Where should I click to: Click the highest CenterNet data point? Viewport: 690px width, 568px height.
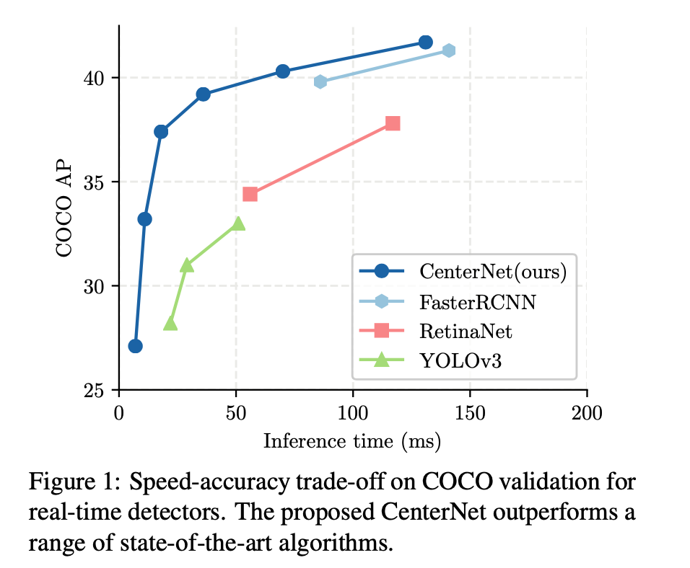pos(425,42)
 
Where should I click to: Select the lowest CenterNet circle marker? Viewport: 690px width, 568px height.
pos(135,346)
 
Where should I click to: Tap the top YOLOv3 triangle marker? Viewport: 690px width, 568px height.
pos(238,223)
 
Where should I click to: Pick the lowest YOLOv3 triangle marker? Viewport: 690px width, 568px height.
pos(170,324)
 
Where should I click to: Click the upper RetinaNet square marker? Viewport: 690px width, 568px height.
pos(393,123)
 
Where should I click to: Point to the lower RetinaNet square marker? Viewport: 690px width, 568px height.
pos(250,194)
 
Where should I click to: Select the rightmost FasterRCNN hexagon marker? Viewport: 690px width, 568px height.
pos(448,50)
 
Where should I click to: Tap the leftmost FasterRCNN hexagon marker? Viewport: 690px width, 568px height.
pos(320,81)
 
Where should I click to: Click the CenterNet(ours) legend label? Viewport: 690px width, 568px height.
pos(492,271)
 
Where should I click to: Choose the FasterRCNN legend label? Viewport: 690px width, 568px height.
pos(477,301)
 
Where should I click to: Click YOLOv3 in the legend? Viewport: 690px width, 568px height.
pos(460,360)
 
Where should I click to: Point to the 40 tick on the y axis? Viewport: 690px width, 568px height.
pos(97,77)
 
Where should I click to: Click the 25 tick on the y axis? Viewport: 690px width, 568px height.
pos(97,390)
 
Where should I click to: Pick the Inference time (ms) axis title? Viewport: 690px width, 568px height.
pos(352,440)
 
